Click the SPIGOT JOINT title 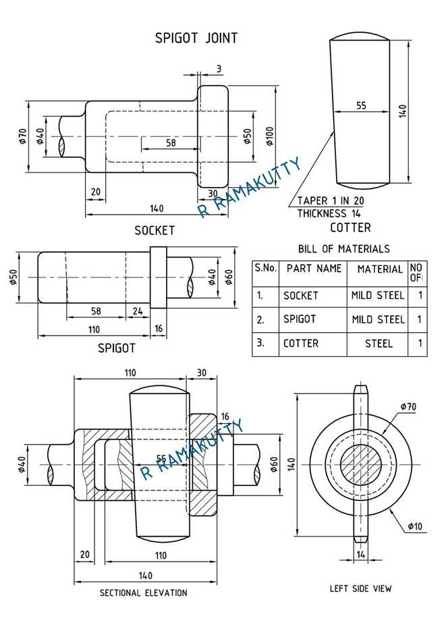click(x=196, y=38)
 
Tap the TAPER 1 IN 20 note click(x=331, y=200)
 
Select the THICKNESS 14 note click(x=329, y=213)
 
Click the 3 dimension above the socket click(x=219, y=69)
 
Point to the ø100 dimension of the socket click(x=270, y=136)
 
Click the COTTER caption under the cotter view click(x=350, y=227)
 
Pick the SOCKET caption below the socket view click(x=155, y=231)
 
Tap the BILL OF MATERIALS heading click(x=343, y=248)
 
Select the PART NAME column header click(x=314, y=269)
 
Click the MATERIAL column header click(x=380, y=269)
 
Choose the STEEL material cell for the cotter click(x=379, y=344)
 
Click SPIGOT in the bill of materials click(x=300, y=319)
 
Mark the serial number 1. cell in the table click(x=260, y=295)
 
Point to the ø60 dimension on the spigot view click(x=229, y=277)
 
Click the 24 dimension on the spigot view click(x=138, y=311)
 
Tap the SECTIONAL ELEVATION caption click(x=143, y=593)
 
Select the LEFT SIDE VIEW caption click(x=361, y=589)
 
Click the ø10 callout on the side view click(x=415, y=527)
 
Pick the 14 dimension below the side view click(x=361, y=554)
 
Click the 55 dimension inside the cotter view click(x=361, y=105)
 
